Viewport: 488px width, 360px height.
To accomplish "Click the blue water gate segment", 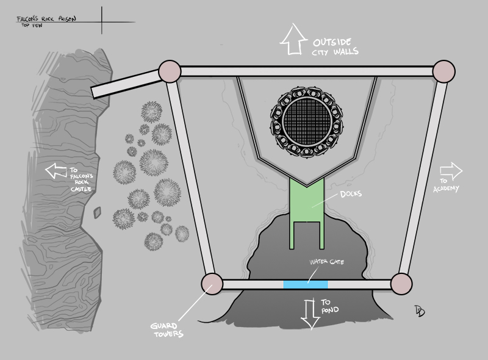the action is coord(306,284).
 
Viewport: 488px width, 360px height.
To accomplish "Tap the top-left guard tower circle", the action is coord(170,71).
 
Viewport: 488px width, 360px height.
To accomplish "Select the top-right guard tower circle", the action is coord(444,71).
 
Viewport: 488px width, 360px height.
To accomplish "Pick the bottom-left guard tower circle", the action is coord(212,284).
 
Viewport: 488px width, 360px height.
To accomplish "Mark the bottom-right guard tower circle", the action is coord(401,284).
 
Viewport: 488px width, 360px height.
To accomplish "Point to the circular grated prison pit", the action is coord(307,122).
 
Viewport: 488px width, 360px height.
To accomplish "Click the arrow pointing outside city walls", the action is coord(293,40).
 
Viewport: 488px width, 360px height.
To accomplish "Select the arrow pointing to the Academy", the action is coord(451,171).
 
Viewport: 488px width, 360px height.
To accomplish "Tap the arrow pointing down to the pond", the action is coord(310,314).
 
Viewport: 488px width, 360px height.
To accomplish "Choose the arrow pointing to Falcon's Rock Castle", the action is coord(56,171).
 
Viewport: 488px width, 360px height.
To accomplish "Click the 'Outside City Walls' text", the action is coord(335,47).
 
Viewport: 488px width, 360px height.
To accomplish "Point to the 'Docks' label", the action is coord(351,194).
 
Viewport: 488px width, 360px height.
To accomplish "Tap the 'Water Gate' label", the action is coord(327,262).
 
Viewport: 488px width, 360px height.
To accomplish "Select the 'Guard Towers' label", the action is coord(167,330).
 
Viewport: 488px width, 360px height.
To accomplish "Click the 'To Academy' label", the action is coord(446,185).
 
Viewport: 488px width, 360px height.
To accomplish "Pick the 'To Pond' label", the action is coord(330,306).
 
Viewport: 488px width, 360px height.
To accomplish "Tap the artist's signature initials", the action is coord(420,311).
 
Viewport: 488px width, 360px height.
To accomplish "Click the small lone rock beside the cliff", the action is coord(98,212).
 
